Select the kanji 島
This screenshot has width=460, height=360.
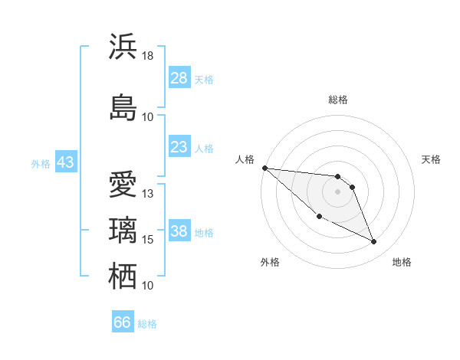tap(123, 107)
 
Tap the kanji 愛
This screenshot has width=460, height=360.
tap(123, 185)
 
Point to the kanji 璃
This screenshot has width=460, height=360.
tap(123, 230)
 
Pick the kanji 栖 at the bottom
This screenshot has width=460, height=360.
tap(123, 276)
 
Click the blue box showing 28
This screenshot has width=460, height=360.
tap(179, 78)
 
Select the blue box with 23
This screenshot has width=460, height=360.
tap(179, 147)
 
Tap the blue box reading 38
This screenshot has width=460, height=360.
tap(179, 232)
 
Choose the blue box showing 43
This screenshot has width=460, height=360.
tap(65, 162)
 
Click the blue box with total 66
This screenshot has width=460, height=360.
tap(123, 322)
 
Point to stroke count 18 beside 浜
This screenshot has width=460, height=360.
tap(147, 56)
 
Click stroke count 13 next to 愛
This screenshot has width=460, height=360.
tap(148, 194)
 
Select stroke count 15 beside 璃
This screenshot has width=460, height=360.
tap(148, 240)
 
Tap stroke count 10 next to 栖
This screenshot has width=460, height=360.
tap(148, 286)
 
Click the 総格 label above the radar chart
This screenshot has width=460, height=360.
tap(338, 100)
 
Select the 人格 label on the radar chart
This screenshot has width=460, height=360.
tap(245, 159)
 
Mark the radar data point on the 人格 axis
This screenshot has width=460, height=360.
tap(264, 168)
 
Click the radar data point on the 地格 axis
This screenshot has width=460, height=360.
tap(374, 242)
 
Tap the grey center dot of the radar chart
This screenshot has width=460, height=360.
tap(337, 191)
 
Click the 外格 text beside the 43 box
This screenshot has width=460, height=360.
tap(41, 163)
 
